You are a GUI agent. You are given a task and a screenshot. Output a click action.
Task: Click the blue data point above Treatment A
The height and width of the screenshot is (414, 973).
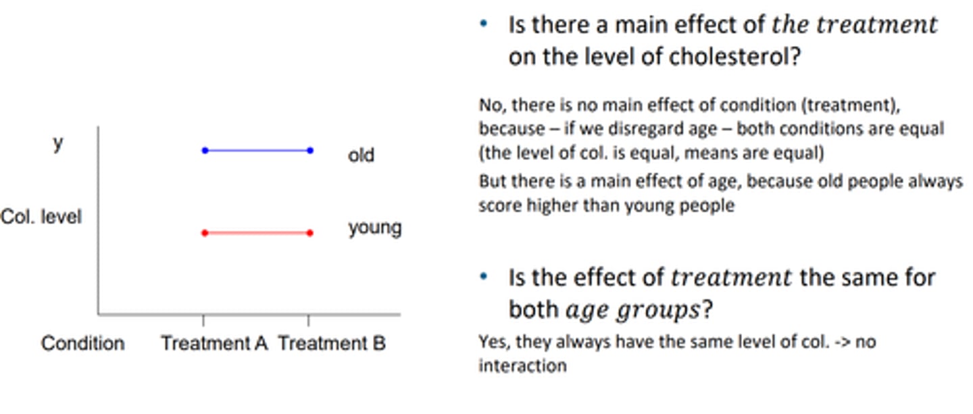click(205, 151)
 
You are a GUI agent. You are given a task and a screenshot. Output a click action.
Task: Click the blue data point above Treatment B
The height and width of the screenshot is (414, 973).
click(310, 151)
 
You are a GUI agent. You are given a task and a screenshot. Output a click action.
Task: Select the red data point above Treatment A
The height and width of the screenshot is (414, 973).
click(205, 233)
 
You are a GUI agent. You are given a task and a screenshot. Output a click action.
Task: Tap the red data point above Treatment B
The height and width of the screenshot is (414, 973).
click(310, 233)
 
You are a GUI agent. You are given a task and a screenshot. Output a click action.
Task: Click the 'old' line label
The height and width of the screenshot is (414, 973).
click(361, 155)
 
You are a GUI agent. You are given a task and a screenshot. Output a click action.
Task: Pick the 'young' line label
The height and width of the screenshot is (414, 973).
click(374, 228)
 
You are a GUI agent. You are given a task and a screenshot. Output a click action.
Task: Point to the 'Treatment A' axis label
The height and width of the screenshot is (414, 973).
click(214, 343)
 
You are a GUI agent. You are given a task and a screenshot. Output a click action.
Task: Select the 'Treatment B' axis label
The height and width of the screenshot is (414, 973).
click(332, 343)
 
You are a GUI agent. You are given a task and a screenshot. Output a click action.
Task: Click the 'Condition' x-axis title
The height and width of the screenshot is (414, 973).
click(82, 343)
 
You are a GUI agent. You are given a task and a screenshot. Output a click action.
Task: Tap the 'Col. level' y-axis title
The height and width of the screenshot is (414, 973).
click(41, 217)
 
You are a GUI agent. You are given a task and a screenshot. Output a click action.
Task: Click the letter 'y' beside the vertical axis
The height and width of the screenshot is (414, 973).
click(58, 144)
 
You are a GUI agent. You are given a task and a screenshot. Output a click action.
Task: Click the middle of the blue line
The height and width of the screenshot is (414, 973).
click(257, 151)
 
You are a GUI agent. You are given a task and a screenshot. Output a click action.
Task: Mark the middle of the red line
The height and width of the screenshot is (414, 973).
click(257, 233)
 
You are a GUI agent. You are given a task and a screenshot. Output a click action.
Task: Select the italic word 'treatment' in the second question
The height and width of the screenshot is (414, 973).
click(730, 278)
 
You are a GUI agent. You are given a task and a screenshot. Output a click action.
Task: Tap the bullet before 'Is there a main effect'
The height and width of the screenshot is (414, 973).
click(483, 24)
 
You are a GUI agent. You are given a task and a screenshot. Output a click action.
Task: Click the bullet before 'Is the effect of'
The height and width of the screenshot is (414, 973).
click(483, 277)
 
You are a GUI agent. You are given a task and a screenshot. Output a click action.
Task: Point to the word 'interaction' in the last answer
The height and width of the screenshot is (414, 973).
click(522, 366)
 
